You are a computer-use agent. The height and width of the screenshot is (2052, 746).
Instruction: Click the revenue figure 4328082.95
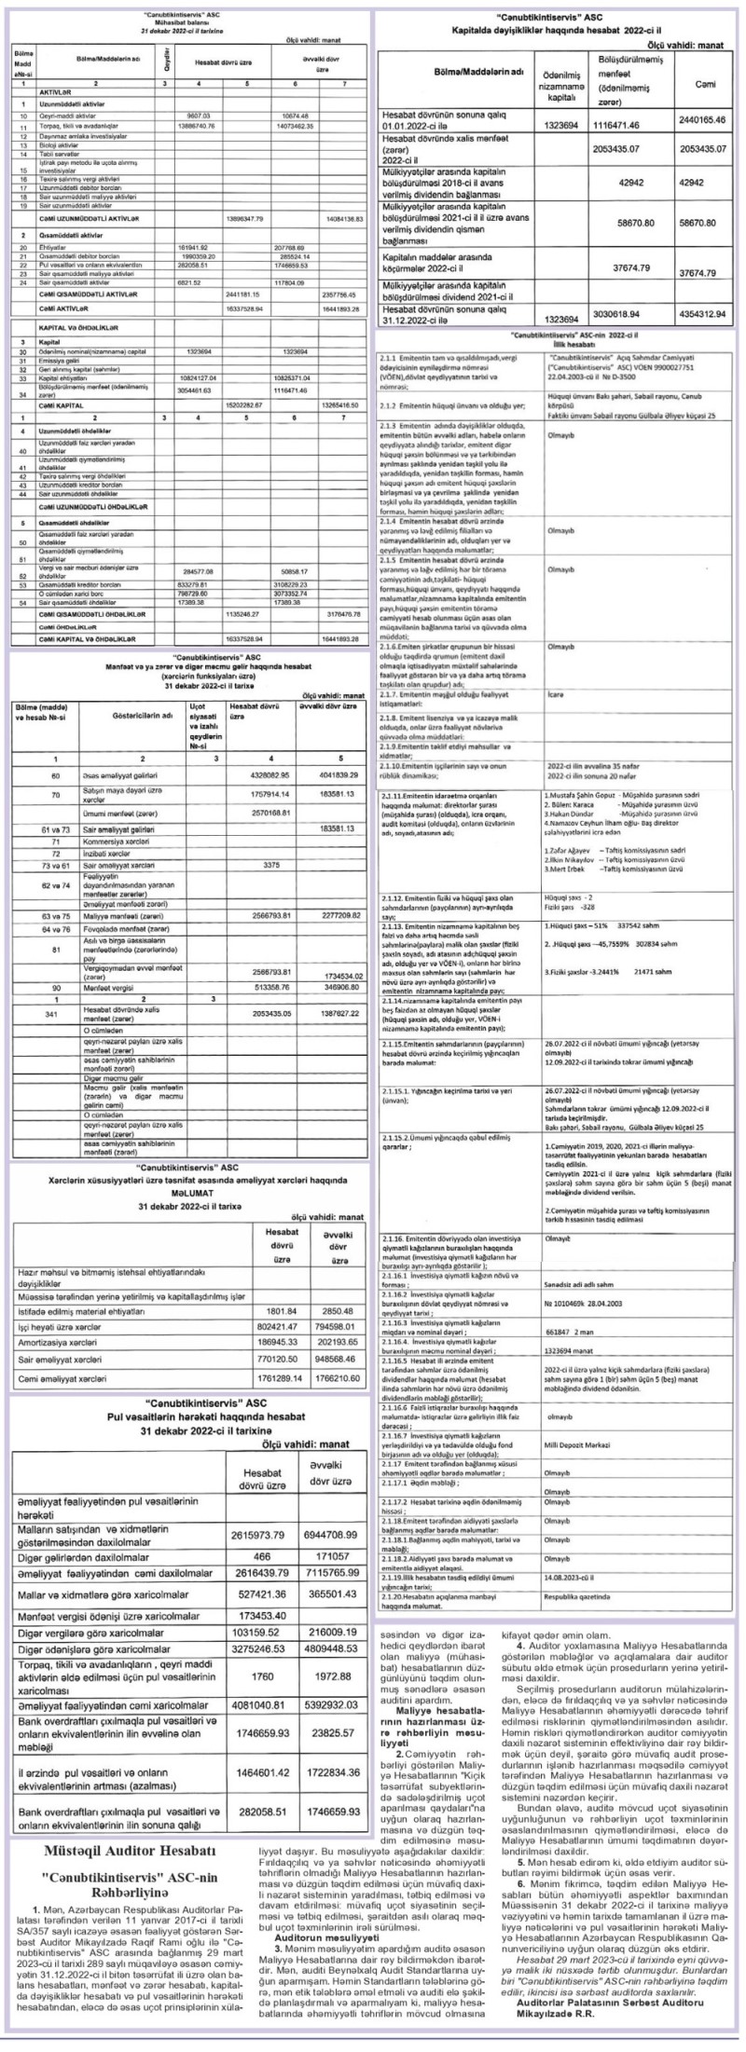pyautogui.click(x=265, y=774)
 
